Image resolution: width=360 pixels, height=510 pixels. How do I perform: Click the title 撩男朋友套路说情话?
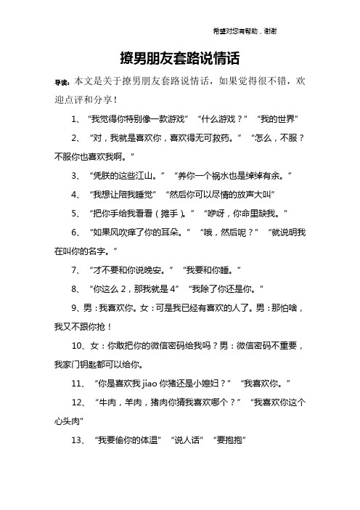pos(179,57)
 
